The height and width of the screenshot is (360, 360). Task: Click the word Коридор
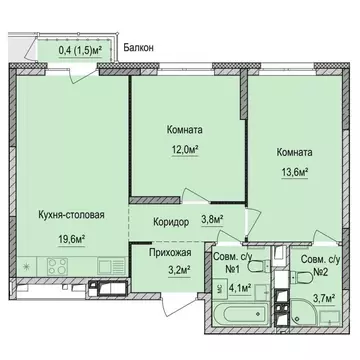(x=162, y=222)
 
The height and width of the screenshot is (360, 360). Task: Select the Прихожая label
(x=162, y=253)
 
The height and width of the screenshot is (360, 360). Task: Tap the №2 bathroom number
(x=321, y=271)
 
